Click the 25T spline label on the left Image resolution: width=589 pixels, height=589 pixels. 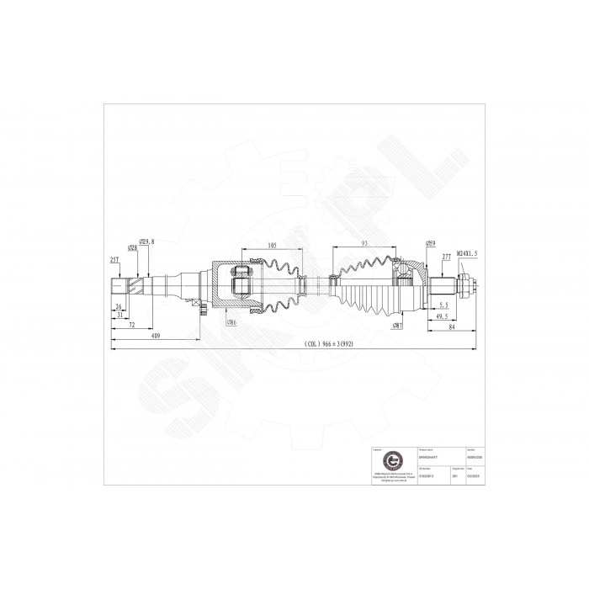click(114, 260)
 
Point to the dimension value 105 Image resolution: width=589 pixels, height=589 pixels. click(272, 246)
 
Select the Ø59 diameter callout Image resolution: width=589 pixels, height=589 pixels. click(430, 244)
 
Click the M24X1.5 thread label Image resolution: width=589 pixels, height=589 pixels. click(467, 252)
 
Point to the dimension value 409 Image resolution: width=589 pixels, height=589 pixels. click(157, 335)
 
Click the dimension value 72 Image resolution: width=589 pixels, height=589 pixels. click(133, 324)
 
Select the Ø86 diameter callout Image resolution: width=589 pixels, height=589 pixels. click(231, 322)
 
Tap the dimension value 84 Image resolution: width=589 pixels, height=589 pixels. click(453, 329)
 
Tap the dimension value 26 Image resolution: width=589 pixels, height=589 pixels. click(119, 306)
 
